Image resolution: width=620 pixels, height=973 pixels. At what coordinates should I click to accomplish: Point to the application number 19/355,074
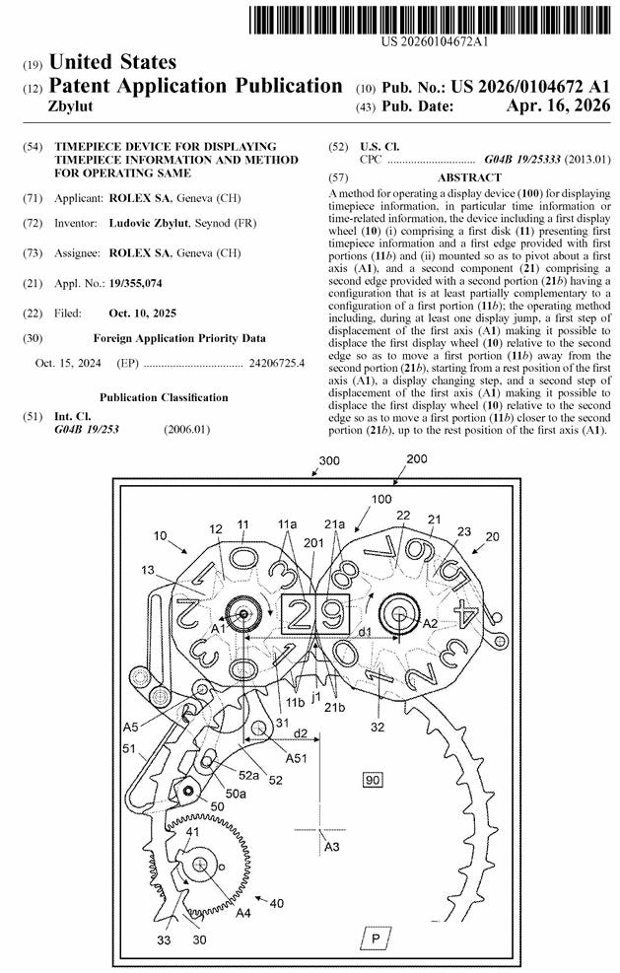[x=136, y=284]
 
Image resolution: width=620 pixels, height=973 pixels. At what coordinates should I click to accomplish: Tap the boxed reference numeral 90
[x=373, y=781]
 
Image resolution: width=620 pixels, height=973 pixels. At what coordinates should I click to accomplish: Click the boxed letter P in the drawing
[x=376, y=938]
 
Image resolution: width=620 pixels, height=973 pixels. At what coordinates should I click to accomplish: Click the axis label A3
[x=332, y=846]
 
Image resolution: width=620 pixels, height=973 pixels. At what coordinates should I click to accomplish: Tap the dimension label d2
[x=301, y=732]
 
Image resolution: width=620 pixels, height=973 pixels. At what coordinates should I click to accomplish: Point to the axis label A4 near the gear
[x=242, y=913]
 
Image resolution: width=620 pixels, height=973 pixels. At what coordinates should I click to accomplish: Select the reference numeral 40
[x=277, y=903]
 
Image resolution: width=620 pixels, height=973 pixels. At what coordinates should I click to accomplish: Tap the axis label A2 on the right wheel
[x=429, y=624]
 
